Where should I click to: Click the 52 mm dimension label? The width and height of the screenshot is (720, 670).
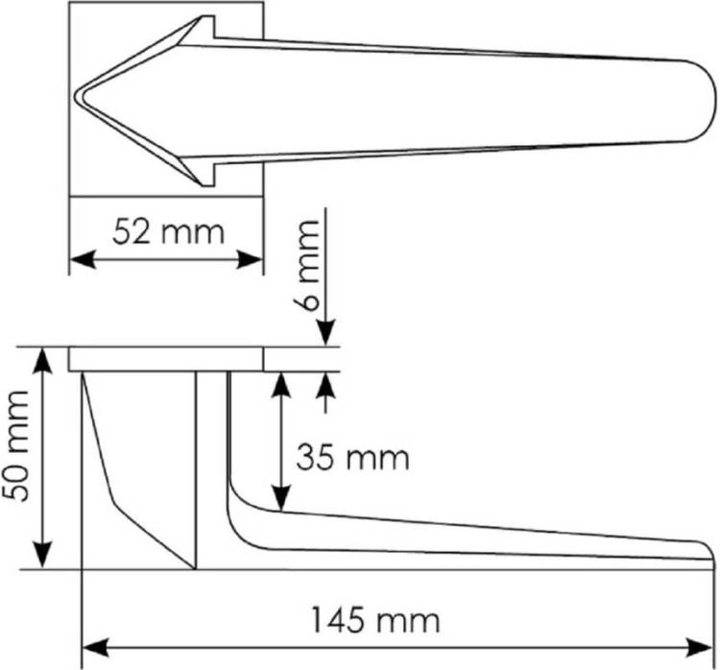169,232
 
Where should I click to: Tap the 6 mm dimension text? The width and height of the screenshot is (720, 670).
306,266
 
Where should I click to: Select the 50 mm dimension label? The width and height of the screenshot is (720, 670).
15,446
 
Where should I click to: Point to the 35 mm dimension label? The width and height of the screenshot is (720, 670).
352,457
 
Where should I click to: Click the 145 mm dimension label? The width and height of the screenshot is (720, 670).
375,621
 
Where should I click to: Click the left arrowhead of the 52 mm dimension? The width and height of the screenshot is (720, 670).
83,259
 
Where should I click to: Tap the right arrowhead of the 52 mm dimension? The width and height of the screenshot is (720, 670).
250,259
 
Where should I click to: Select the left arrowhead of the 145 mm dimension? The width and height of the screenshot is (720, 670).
95,648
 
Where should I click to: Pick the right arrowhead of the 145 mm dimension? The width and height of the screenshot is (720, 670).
699,648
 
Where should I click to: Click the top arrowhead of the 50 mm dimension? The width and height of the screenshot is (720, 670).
42,362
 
